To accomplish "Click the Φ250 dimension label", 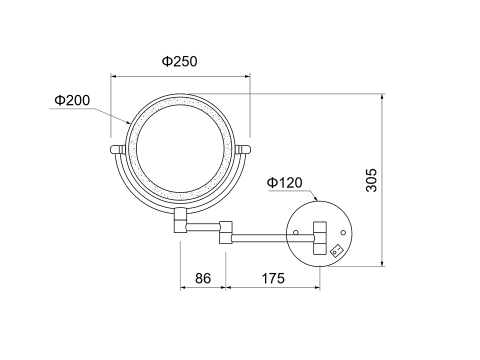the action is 180,61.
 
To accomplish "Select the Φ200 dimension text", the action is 72,100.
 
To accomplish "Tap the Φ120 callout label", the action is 285,183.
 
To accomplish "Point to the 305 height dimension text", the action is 371,180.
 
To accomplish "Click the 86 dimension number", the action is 203,278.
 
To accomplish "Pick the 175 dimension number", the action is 273,278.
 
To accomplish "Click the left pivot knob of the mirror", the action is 117,150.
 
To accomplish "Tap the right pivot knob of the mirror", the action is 243,149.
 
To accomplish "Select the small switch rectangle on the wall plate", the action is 336,251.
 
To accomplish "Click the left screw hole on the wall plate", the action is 296,232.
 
